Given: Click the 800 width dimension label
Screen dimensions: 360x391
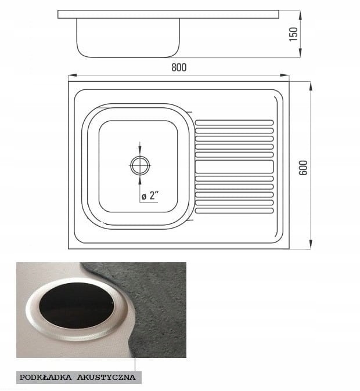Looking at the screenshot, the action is pos(179,67).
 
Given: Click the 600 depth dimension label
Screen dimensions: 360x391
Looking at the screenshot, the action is pos(303,168).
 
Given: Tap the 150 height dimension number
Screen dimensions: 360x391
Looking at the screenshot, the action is pos(293,34).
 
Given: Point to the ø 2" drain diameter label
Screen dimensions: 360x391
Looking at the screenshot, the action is pos(150,195).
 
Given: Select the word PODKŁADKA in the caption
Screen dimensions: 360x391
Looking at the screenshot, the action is pos(45,377).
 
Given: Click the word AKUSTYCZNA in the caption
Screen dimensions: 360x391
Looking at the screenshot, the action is pos(106,377).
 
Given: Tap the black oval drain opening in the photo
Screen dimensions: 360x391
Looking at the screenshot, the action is pos(76,306).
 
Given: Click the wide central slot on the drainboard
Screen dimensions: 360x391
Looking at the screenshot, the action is pos(234,166).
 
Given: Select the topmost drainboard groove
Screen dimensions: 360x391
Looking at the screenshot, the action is pos(234,122).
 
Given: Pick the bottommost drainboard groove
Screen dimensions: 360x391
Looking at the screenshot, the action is pos(234,211).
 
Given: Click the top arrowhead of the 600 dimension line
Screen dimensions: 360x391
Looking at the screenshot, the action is pos(311,86).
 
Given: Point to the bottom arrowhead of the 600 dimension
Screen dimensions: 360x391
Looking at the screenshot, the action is pos(311,244).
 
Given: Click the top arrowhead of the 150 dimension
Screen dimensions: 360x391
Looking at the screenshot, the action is pos(300,15).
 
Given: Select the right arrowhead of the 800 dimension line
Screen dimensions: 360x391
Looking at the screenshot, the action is pos(285,75).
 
